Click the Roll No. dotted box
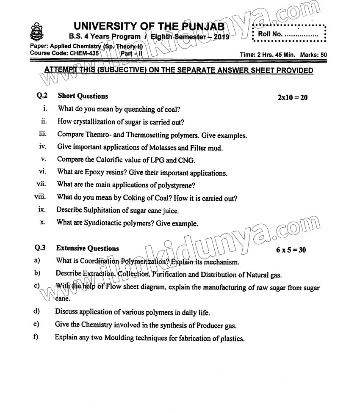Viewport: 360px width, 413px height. (x=289, y=33)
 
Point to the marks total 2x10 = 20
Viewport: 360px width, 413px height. (x=292, y=98)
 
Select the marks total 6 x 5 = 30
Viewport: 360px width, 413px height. (x=291, y=250)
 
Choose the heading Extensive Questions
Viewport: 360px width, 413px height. (x=88, y=248)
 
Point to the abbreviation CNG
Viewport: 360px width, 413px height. (x=186, y=160)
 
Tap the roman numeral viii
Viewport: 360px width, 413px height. (x=40, y=197)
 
